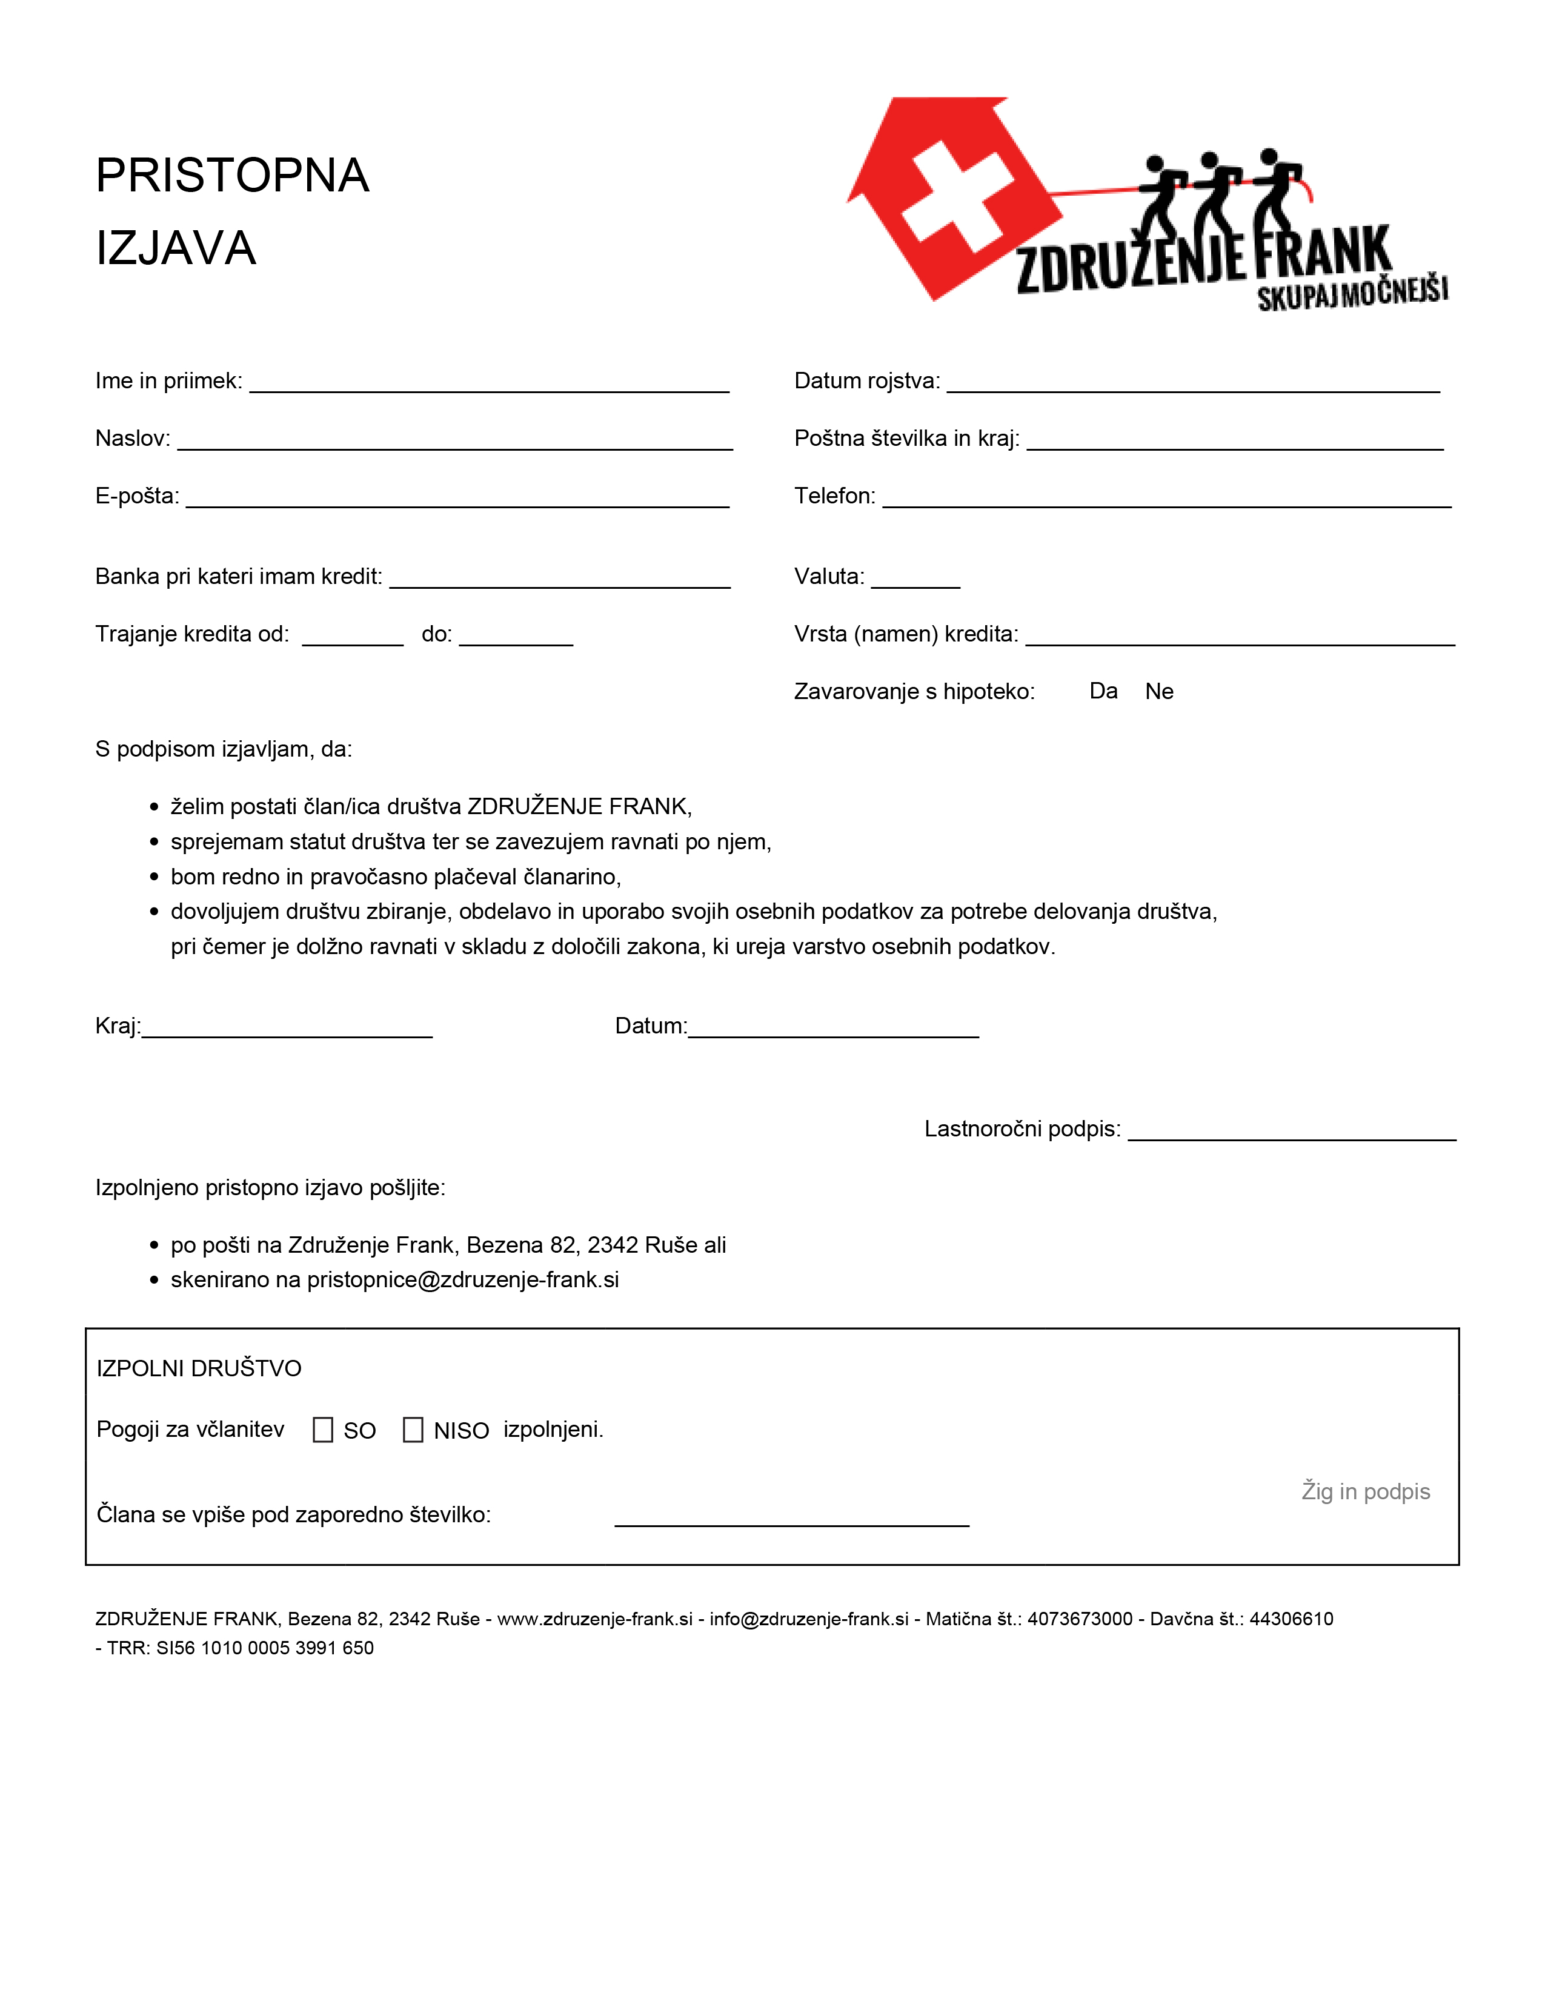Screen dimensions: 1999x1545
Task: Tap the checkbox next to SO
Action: tap(322, 1430)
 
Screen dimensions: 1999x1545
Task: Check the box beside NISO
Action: tap(413, 1430)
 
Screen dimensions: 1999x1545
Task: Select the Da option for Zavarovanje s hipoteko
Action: tap(1103, 691)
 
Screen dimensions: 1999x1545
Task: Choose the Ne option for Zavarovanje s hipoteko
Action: tap(1158, 691)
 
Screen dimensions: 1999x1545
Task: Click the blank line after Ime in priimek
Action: tap(489, 385)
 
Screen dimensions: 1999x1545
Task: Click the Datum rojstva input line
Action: tap(1192, 385)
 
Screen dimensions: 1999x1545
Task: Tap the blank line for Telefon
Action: tap(1166, 500)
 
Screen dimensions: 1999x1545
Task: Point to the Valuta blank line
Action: tap(915, 580)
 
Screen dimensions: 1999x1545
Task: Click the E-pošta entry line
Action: tap(457, 500)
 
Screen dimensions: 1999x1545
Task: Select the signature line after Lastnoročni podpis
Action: tap(1292, 1133)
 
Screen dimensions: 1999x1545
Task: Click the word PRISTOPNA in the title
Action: tap(233, 176)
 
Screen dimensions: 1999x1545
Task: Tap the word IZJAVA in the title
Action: tap(176, 248)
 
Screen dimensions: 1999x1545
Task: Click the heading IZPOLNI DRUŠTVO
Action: tap(199, 1368)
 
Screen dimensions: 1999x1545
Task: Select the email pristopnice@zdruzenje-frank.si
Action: tap(462, 1279)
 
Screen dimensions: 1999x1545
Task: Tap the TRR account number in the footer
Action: tap(265, 1648)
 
